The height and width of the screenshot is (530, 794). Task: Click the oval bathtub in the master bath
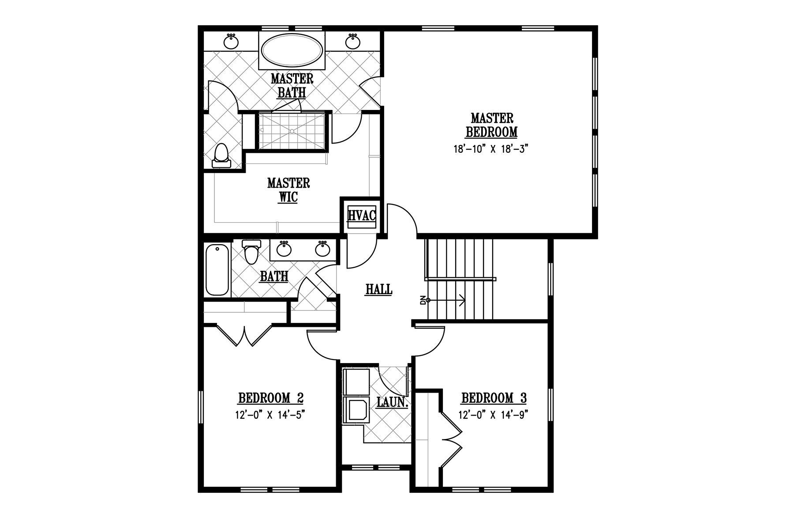292,51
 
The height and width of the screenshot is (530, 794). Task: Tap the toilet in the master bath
221,156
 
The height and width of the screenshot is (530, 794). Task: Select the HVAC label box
362,216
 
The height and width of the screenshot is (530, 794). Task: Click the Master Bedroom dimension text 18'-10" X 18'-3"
491,149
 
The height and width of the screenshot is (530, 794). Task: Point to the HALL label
379,289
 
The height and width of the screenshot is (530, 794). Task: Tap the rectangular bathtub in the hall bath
217,270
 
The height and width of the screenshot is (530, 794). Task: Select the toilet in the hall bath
252,251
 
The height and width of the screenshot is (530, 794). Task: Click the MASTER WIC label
288,190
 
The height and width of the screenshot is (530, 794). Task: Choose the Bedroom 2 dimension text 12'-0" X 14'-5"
270,415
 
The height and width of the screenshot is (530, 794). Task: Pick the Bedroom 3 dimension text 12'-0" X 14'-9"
494,415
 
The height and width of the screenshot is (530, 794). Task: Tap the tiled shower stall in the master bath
292,131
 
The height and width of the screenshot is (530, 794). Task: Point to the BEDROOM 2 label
270,398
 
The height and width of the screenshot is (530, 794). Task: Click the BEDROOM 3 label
494,398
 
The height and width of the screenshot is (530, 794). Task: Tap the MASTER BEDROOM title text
491,125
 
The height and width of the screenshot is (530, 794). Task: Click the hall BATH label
274,276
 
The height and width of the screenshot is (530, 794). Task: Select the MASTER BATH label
292,86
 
